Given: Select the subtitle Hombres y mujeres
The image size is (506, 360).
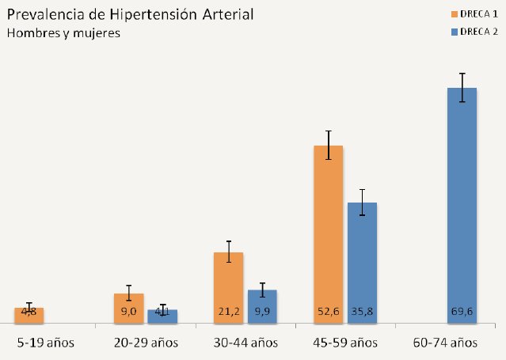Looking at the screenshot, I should pos(63,33).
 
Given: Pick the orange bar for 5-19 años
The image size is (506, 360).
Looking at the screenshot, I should pos(29,315).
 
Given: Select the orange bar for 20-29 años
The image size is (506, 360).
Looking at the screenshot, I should pos(128,308).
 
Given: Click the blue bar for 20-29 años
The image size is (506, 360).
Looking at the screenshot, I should pos(162,316).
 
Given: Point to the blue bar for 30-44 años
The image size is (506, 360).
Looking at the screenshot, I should pos(262,305).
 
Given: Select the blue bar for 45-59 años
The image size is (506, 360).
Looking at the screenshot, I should pos(362,262).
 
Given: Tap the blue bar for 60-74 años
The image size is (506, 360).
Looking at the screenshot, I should pos(462,205).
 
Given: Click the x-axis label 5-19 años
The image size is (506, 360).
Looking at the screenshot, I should pos(46,343).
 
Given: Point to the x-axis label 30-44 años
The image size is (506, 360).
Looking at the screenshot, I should pos(245,343).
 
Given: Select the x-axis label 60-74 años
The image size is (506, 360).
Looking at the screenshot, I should pos(446,343).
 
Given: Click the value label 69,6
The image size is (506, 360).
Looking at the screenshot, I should pos(462,312).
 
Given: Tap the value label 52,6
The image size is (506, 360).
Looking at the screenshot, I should pos(328,312).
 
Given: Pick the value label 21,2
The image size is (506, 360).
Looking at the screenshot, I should pos(228,312).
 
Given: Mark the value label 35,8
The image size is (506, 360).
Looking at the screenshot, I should pos(362,312).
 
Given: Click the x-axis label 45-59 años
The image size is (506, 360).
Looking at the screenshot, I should pos(345,343).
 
